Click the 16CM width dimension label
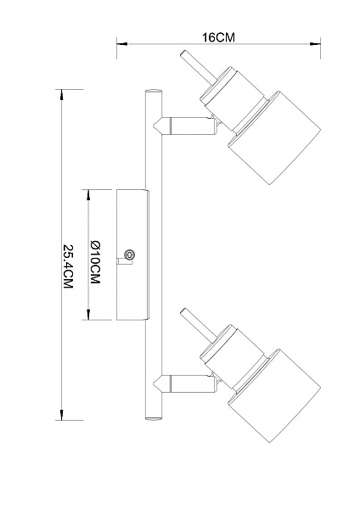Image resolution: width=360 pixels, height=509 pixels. (218, 37)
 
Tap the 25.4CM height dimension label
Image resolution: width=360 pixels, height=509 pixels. (68, 266)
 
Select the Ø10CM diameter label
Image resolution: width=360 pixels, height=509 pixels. (95, 262)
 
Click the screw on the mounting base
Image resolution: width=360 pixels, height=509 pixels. (130, 255)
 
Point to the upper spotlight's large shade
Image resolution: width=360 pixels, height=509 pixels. (275, 138)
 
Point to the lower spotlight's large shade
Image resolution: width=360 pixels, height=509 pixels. (275, 396)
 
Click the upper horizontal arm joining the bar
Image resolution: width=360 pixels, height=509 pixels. (185, 126)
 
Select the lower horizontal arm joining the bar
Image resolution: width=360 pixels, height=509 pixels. (185, 383)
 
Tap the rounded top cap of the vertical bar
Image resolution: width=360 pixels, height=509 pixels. (154, 92)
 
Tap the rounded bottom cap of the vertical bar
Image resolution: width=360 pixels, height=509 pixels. (154, 417)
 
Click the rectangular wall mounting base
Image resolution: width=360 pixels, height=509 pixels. (132, 255)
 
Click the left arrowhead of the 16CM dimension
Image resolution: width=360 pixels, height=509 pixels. (122, 44)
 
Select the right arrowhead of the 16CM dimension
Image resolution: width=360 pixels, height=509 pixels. (315, 44)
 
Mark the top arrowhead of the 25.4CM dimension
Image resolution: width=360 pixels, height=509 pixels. (61, 95)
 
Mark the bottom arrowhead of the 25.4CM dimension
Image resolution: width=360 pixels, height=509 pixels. (61, 415)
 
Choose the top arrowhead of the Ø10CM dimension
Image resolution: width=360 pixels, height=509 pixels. (88, 195)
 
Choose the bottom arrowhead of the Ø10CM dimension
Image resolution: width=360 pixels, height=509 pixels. (88, 314)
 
